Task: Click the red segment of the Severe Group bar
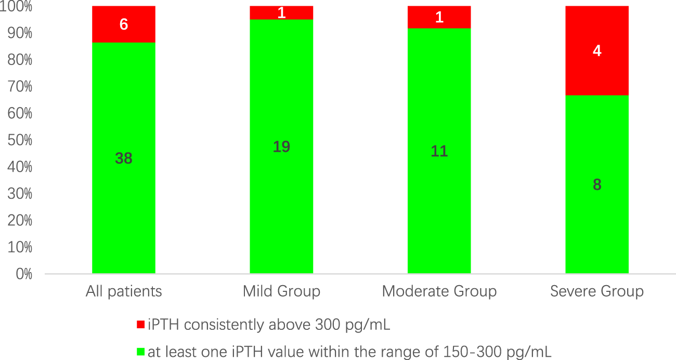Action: coord(597,73)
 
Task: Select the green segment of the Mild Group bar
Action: coord(281,208)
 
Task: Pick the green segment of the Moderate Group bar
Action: coord(439,208)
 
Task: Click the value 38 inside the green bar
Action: coord(124,158)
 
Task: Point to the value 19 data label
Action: coord(281,147)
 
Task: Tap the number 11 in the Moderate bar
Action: coord(439,151)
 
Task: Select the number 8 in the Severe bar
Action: coord(597,185)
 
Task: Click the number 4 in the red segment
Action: coord(597,52)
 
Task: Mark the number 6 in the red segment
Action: coord(124,24)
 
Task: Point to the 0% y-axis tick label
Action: coord(24,274)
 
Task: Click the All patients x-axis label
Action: coord(124,291)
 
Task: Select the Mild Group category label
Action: coord(281,291)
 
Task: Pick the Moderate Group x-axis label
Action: coord(439,291)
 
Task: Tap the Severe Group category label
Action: coord(597,291)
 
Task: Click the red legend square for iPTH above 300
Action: coord(140,325)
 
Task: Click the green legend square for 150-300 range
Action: coord(140,352)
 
